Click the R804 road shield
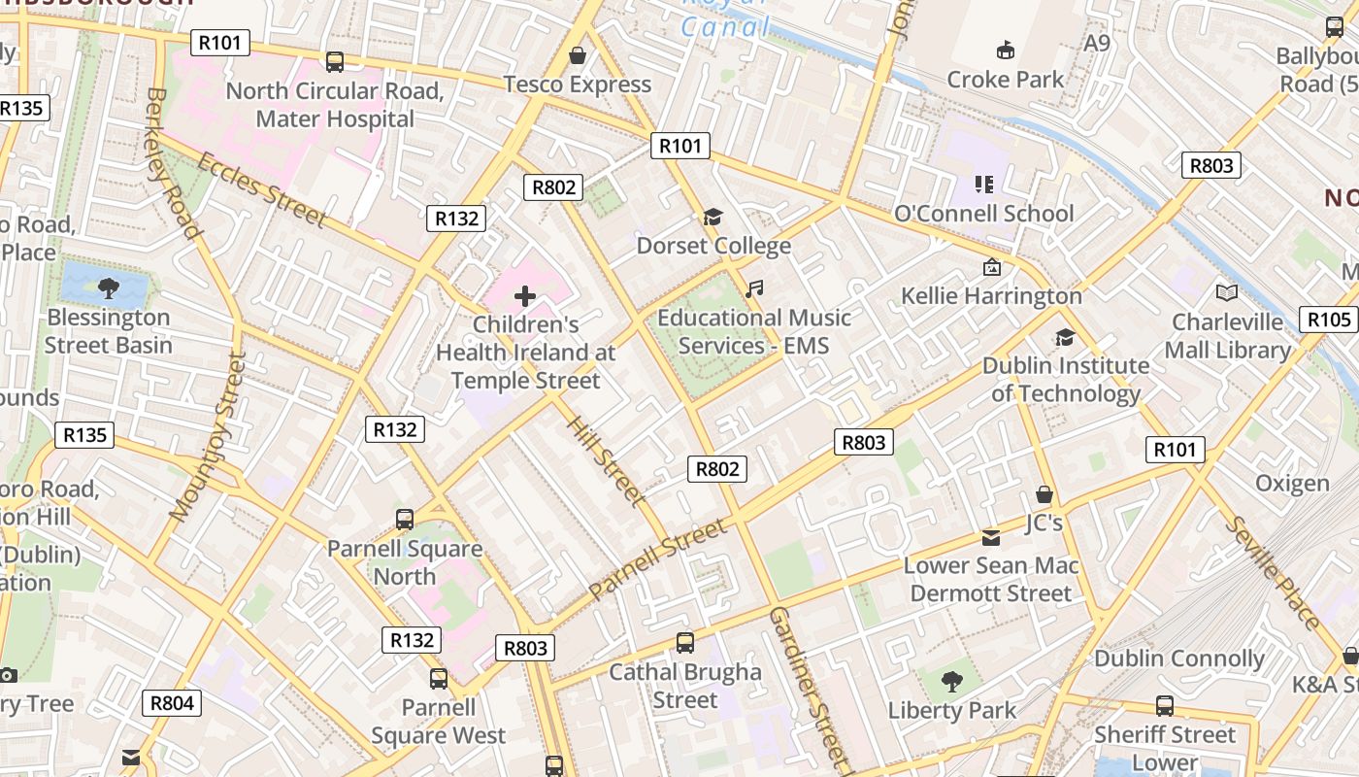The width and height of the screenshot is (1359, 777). (x=172, y=702)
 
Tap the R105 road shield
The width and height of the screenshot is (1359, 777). (x=1329, y=320)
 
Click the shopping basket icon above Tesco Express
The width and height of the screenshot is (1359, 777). (x=578, y=55)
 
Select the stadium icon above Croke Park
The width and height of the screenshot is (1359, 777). (x=1006, y=50)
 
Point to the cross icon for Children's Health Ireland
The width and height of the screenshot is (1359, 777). (x=525, y=296)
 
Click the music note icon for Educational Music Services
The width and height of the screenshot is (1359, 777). (x=754, y=289)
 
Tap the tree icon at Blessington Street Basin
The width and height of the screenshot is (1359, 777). (x=109, y=287)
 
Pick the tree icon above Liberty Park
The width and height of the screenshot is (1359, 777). (x=951, y=681)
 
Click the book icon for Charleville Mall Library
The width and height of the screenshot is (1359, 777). (x=1227, y=292)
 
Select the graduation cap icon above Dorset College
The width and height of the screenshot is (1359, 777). (x=713, y=217)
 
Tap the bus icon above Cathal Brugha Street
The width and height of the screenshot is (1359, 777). (x=685, y=642)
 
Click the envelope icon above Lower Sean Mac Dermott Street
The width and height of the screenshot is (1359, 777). (x=991, y=537)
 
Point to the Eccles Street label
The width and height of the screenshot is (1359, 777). (x=260, y=189)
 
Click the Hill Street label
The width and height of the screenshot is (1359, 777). (x=606, y=461)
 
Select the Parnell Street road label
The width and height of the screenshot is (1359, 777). (x=657, y=559)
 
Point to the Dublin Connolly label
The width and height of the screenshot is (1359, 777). (x=1178, y=659)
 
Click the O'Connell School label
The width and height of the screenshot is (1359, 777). (x=983, y=213)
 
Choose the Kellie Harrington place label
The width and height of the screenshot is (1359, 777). (x=991, y=295)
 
